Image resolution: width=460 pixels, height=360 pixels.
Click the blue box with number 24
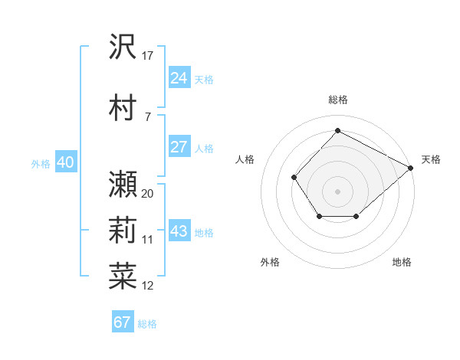click(x=179, y=78)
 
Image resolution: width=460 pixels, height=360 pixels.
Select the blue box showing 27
click(x=179, y=147)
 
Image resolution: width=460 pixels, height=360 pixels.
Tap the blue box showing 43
click(x=179, y=232)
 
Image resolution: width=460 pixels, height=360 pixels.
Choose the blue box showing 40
click(x=65, y=162)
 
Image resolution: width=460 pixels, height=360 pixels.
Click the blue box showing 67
click(x=123, y=322)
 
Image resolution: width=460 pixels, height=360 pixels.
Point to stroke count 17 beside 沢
click(x=148, y=55)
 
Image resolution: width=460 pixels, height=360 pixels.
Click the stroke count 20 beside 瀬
click(x=148, y=193)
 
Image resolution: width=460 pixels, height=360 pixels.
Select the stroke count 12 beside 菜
click(x=148, y=286)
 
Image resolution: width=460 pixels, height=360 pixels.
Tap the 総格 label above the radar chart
click(x=337, y=100)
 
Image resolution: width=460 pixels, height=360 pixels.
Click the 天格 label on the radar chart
click(x=431, y=159)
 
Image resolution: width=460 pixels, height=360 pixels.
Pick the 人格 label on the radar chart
click(x=245, y=159)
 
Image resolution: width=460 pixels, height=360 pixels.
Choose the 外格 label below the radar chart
click(x=270, y=263)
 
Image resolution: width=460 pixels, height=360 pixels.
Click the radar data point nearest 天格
click(x=411, y=168)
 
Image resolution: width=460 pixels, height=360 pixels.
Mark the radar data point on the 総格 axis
click(x=337, y=130)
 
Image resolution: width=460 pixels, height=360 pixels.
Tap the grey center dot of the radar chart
click(x=337, y=191)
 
